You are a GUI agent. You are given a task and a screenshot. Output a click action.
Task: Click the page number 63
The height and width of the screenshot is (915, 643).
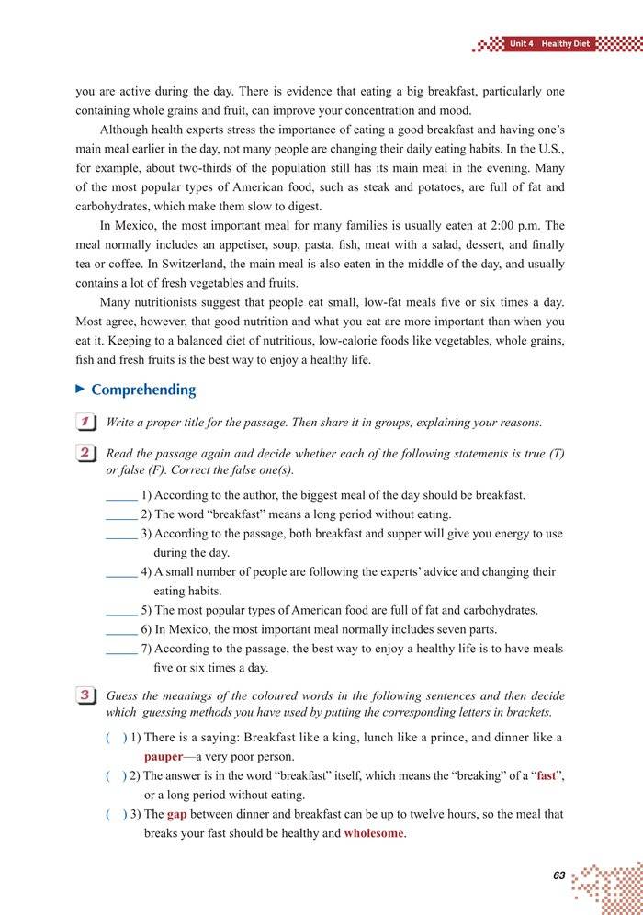[559, 875]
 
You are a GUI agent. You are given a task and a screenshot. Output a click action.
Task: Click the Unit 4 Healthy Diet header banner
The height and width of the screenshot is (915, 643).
[547, 43]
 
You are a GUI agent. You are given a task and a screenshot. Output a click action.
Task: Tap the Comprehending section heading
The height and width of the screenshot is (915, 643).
[143, 390]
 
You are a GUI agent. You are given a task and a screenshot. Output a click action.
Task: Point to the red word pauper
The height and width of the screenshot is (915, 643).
[164, 757]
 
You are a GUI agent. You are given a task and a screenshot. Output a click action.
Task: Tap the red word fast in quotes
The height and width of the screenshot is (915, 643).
[547, 776]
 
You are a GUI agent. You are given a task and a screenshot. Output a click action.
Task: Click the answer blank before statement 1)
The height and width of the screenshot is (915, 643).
[121, 495]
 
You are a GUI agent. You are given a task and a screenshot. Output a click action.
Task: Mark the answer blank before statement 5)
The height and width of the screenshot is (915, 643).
[121, 610]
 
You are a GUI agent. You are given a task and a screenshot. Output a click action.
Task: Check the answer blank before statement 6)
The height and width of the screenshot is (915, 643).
[121, 629]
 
